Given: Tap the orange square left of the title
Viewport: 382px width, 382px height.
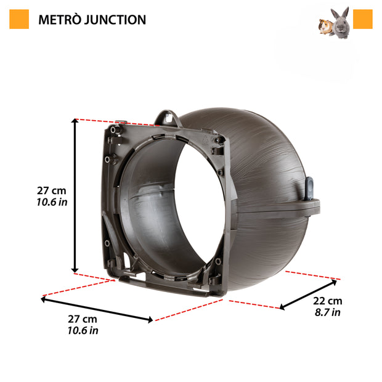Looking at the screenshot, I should pos(20,19).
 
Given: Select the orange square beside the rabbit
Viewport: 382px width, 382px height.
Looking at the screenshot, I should pos(363,19).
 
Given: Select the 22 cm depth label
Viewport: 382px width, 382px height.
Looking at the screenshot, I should pos(327,301).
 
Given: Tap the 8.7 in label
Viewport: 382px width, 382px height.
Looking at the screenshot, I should pos(327,312).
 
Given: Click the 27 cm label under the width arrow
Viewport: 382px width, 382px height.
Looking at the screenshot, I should pos(82,319).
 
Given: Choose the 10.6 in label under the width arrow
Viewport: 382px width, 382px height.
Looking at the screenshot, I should pos(82,331).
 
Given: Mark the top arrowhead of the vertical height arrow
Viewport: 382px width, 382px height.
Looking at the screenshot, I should pos(75,123).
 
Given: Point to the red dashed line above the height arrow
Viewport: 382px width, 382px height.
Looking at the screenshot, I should pos(99,121).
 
